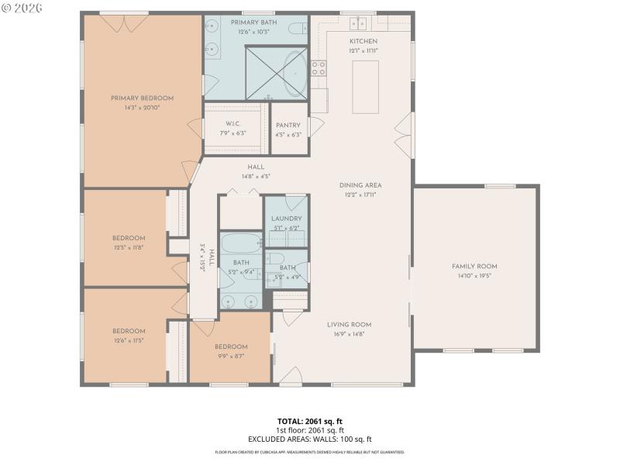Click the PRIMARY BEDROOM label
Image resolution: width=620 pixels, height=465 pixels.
[142, 98]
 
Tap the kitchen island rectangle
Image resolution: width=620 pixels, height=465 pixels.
[365, 87]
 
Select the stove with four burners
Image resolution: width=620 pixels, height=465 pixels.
[318, 68]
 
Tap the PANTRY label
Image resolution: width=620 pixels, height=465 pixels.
[288, 125]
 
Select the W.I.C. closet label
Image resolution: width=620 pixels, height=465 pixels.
[233, 124]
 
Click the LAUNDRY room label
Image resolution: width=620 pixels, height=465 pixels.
[286, 219]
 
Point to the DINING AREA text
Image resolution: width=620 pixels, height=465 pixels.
[360, 185]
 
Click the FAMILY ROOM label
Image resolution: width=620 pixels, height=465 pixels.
[474, 267]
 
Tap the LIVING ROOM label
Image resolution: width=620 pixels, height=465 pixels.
[348, 325]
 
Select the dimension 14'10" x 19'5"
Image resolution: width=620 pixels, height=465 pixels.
[474, 276]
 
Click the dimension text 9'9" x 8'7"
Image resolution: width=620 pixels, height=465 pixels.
[231, 356]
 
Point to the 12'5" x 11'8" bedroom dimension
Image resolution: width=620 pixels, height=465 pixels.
[129, 247]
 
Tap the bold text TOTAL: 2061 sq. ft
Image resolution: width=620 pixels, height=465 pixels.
[309, 421]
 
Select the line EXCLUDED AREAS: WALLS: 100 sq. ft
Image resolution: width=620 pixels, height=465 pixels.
[309, 439]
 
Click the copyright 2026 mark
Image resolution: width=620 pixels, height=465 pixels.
[22, 7]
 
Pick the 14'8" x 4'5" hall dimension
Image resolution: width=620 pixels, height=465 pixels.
[256, 177]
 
